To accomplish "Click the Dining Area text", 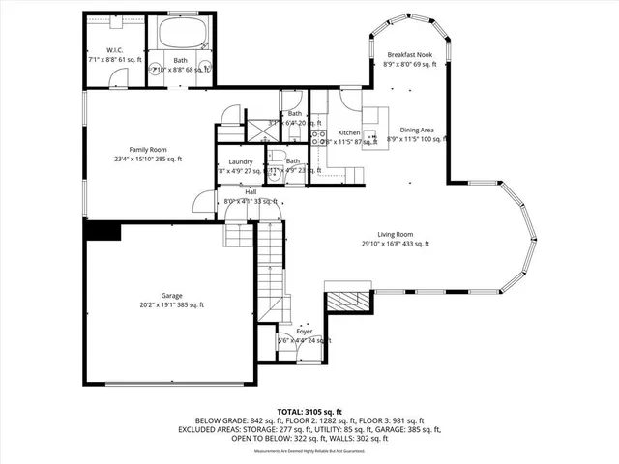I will click(x=417, y=130).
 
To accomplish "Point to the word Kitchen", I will click(x=348, y=132).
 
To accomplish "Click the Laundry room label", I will click(x=240, y=161).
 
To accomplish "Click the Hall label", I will click(x=251, y=191).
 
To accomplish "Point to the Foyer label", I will click(x=305, y=331).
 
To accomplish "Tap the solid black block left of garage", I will click(x=102, y=230).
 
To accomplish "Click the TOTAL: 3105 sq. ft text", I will click(x=309, y=412).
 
